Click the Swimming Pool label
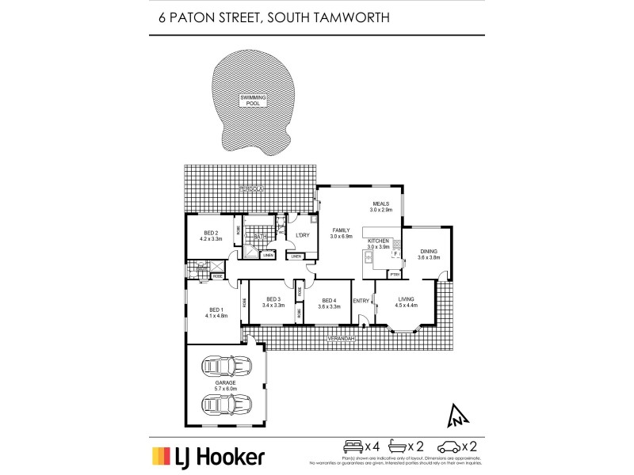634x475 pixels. pyautogui.click(x=254, y=101)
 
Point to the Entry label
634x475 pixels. pyautogui.click(x=361, y=300)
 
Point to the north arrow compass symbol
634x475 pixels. pyautogui.click(x=457, y=413)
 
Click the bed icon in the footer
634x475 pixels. pyautogui.click(x=353, y=446)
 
